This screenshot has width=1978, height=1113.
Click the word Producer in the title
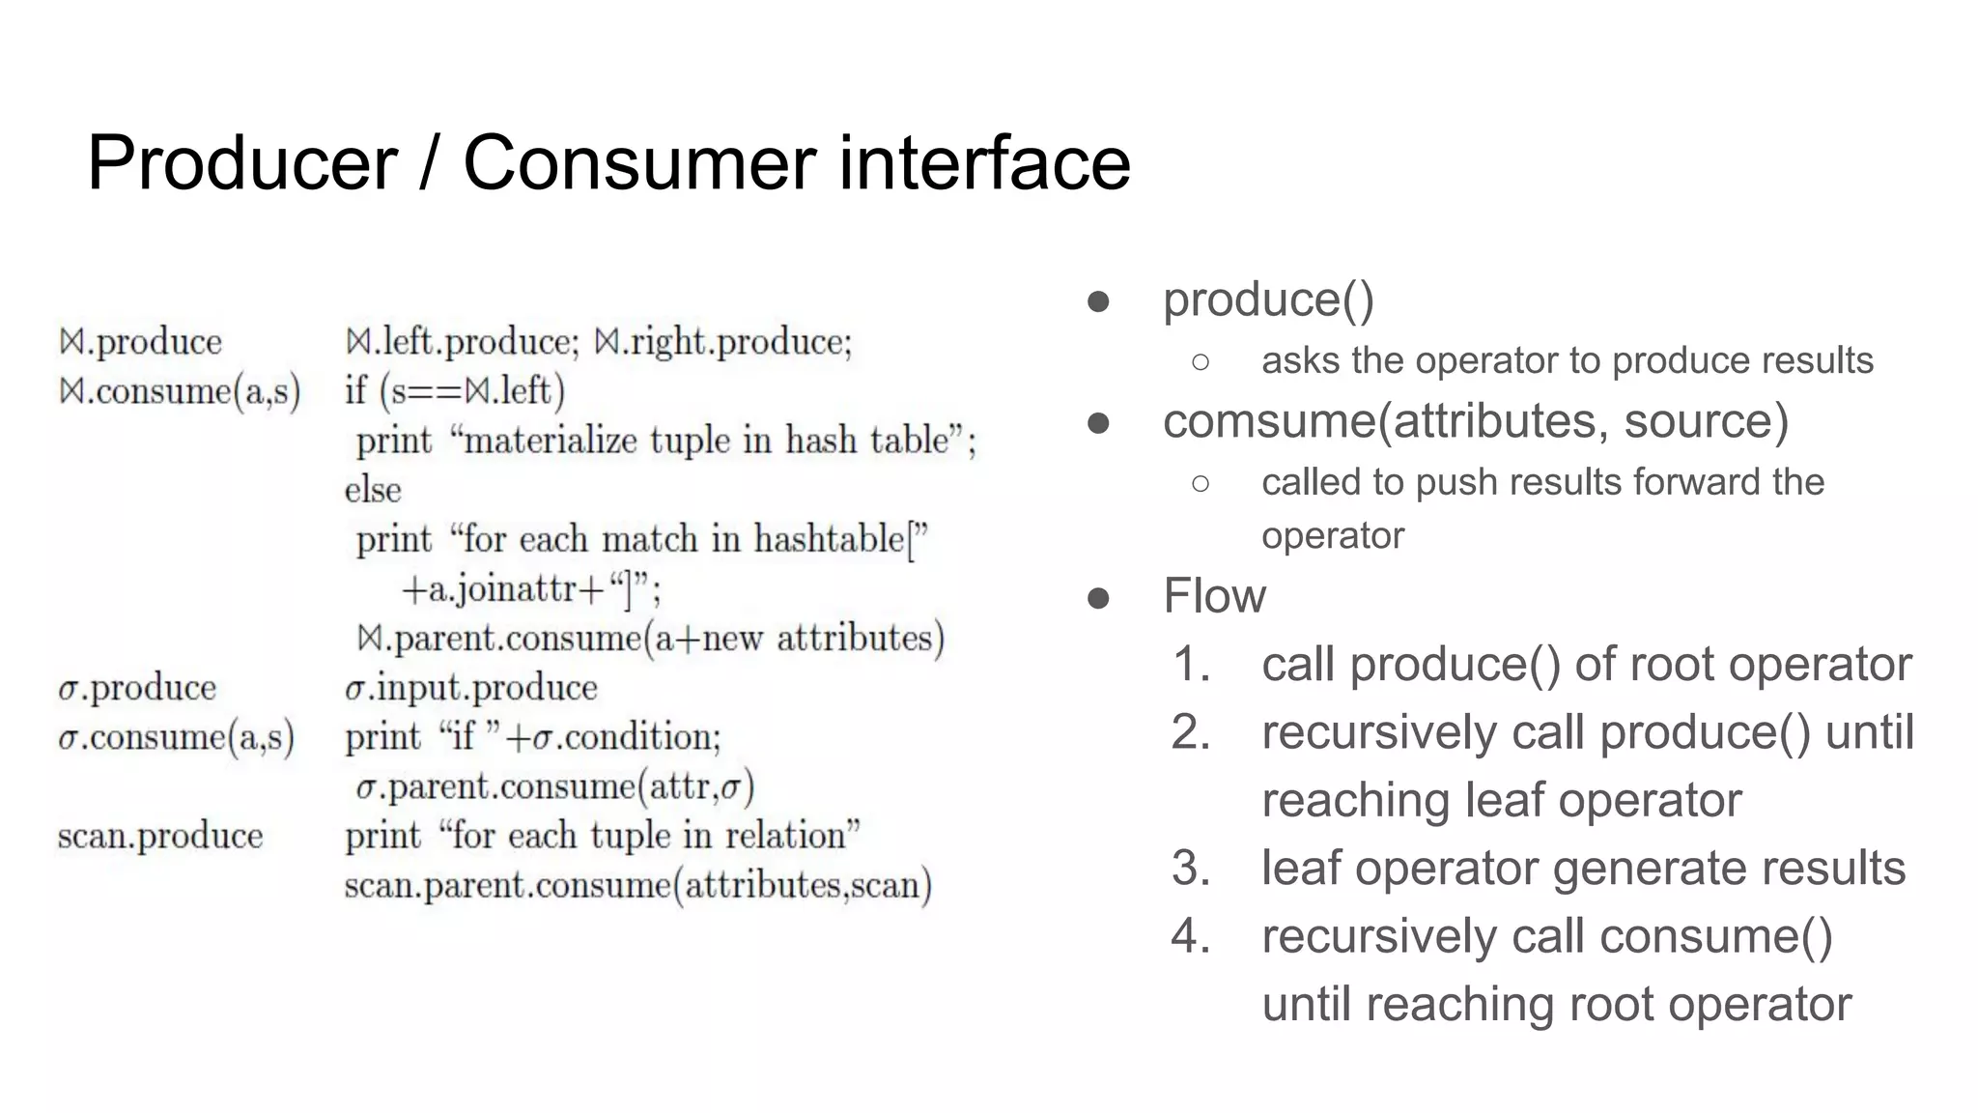pyautogui.click(x=242, y=163)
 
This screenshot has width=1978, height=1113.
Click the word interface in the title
pyautogui.click(x=984, y=163)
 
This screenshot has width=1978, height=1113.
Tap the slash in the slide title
pyautogui.click(x=430, y=163)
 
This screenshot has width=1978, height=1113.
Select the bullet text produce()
pyautogui.click(x=1268, y=300)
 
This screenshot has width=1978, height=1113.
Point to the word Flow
pyautogui.click(x=1214, y=595)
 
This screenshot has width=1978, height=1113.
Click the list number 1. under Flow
pyautogui.click(x=1192, y=665)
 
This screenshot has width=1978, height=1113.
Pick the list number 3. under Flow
pyautogui.click(x=1192, y=869)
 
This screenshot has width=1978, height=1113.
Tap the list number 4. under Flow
pyautogui.click(x=1192, y=936)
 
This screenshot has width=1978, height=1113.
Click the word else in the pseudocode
pyautogui.click(x=373, y=490)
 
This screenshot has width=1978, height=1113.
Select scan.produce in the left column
pyautogui.click(x=160, y=836)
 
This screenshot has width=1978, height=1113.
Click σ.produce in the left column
pyautogui.click(x=137, y=688)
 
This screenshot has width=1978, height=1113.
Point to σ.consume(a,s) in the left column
pyautogui.click(x=176, y=737)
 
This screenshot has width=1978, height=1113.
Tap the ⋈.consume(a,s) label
pyautogui.click(x=180, y=391)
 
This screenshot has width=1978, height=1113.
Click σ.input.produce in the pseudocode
pyautogui.click(x=471, y=688)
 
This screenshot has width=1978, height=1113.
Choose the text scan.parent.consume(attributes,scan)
pyautogui.click(x=637, y=886)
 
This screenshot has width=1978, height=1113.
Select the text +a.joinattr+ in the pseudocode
pyautogui.click(x=502, y=589)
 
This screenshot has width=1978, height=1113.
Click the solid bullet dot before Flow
pyautogui.click(x=1098, y=598)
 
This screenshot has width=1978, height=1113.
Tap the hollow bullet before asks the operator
pyautogui.click(x=1201, y=362)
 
